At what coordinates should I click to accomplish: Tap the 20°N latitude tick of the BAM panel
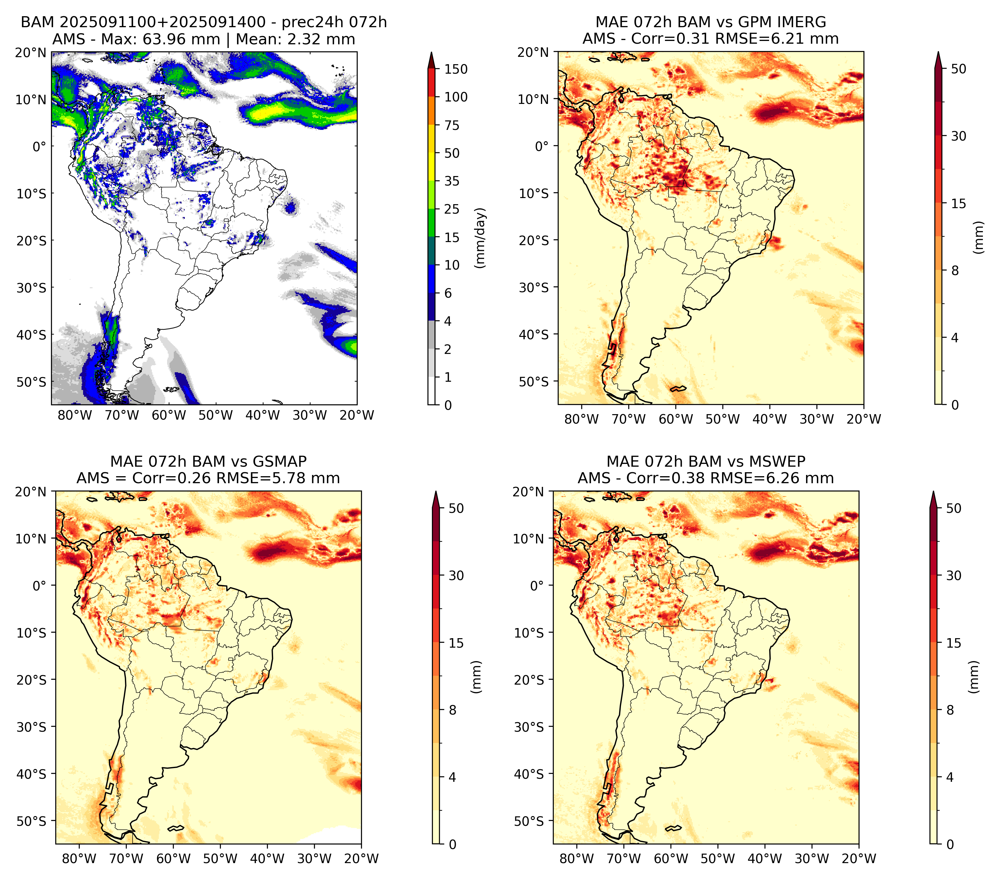point(31,53)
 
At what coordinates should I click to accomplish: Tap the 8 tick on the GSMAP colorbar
point(452,710)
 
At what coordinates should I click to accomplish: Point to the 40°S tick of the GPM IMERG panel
point(534,335)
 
